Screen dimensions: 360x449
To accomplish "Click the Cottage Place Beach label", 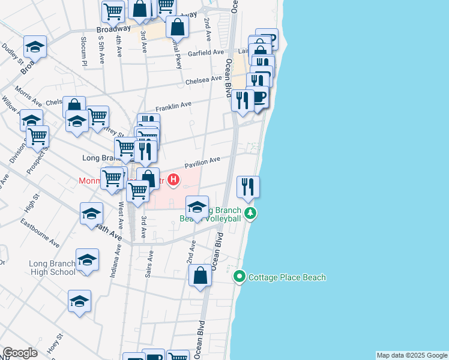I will click(287, 277).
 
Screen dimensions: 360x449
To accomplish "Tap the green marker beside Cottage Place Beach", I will click(240, 277).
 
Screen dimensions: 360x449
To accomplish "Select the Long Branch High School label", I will click(52, 268).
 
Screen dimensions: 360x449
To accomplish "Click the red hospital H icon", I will click(173, 179).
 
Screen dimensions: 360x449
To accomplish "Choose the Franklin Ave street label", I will click(173, 106).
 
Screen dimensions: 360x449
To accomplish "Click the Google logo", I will click(20, 353).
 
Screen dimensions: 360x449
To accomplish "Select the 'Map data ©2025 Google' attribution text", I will click(412, 355).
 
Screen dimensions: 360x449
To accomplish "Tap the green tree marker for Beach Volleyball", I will click(250, 212).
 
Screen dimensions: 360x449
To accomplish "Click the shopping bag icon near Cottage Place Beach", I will click(200, 276).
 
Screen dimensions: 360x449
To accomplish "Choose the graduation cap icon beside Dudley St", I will click(35, 47).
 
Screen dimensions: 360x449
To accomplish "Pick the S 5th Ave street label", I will click(101, 46).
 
